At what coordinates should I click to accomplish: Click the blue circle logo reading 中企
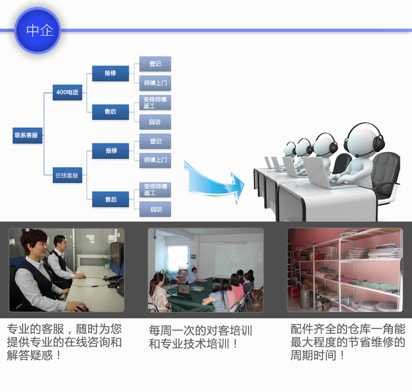(37, 30)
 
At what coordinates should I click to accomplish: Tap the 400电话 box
(67, 92)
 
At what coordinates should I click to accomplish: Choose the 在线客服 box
(67, 176)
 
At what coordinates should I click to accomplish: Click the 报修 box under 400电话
(110, 73)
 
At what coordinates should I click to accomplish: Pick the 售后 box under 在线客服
(110, 199)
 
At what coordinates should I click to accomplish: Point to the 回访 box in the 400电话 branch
(155, 122)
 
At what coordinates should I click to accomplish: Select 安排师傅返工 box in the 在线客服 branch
(155, 190)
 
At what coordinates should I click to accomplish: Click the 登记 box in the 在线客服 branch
(155, 141)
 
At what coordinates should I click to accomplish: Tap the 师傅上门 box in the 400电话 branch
(155, 84)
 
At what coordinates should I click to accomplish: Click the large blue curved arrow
(214, 179)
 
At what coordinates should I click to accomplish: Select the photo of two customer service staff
(66, 270)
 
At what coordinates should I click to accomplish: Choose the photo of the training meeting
(205, 270)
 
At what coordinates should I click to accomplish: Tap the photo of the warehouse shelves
(345, 270)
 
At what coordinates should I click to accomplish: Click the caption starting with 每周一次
(200, 337)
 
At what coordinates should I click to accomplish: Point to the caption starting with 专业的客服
(64, 342)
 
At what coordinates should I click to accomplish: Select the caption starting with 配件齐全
(348, 342)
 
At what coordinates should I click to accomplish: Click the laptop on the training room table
(182, 290)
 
